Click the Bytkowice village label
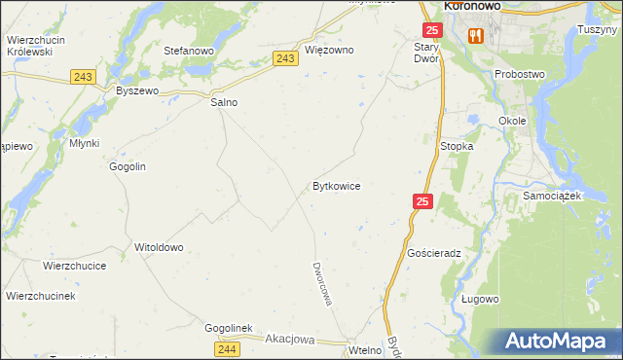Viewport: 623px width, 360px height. click(337, 185)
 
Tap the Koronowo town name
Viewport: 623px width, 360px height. click(479, 6)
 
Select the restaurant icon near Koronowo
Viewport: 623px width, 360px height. click(475, 35)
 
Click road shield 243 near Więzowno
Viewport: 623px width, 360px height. click(285, 59)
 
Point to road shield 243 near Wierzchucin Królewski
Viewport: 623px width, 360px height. click(82, 76)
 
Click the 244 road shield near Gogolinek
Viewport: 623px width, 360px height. click(227, 348)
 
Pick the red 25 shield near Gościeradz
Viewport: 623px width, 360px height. click(421, 201)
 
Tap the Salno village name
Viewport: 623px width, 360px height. click(224, 101)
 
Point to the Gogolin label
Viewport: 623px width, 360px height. click(128, 166)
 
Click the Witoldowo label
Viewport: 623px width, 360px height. click(159, 247)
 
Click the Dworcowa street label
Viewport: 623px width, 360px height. click(322, 283)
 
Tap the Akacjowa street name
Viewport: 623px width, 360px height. click(290, 340)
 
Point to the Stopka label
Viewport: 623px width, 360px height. click(457, 146)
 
